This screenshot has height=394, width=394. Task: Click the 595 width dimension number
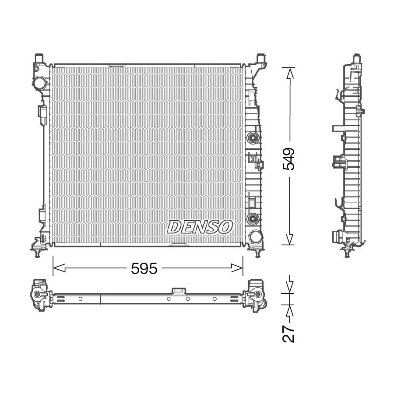[x=144, y=268]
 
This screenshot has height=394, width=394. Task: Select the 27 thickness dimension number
[x=288, y=334]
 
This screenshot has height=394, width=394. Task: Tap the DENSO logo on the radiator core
[x=200, y=227]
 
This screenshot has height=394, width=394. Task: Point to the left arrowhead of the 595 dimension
[x=59, y=268]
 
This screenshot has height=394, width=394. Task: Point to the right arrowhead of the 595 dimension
[x=237, y=268]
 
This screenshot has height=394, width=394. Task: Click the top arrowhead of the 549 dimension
[x=290, y=74]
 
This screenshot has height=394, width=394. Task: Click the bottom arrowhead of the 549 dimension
[x=290, y=239]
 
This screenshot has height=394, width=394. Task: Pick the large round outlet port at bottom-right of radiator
[x=255, y=237]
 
